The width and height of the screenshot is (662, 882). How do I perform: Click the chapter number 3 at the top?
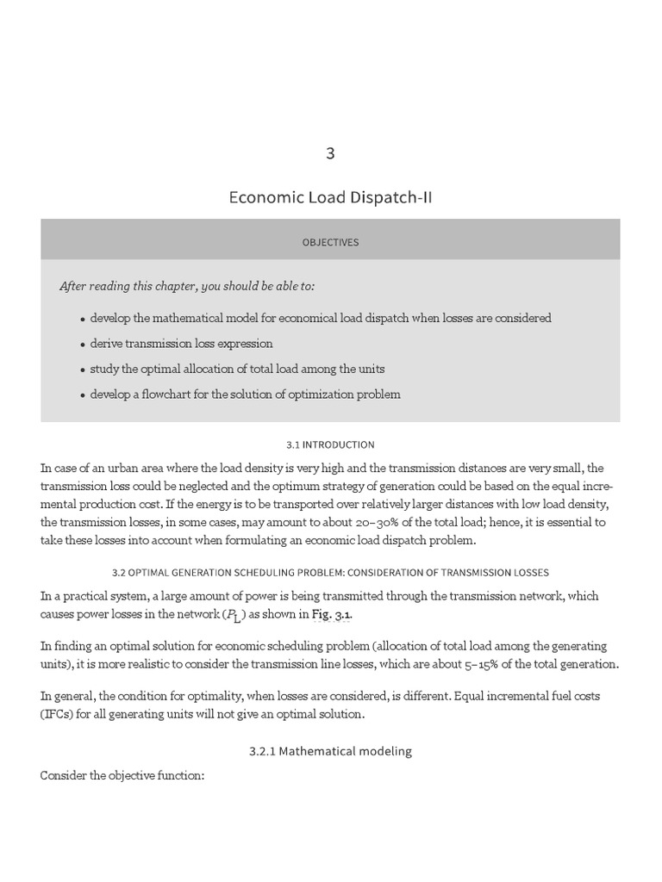[x=330, y=154]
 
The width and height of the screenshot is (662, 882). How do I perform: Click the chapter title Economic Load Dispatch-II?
[x=330, y=197]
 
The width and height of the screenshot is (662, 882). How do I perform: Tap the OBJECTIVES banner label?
[x=330, y=242]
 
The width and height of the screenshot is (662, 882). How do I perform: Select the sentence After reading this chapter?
[x=193, y=286]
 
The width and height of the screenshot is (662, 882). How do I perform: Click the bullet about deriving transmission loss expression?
[x=181, y=343]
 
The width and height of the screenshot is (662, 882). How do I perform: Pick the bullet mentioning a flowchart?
[x=245, y=394]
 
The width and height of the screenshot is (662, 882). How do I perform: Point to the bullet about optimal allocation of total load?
[x=237, y=369]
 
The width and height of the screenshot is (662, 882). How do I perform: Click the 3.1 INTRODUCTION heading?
[x=330, y=444]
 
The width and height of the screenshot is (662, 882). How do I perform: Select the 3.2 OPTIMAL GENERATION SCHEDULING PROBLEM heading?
[x=330, y=572]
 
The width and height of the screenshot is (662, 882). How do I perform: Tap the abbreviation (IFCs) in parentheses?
[x=57, y=714]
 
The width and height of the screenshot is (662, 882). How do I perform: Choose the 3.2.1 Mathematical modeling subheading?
[x=330, y=751]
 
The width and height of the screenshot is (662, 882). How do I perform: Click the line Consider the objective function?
[x=122, y=776]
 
